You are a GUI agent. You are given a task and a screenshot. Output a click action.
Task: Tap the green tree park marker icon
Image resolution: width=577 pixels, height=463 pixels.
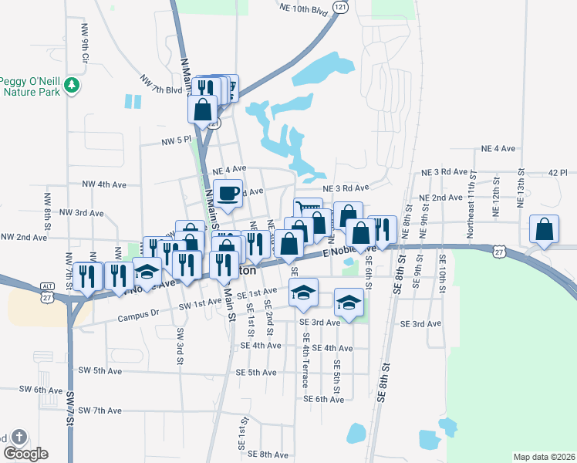[x=73, y=84]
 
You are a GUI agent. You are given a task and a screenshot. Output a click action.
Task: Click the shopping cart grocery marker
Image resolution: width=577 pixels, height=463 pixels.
[x=308, y=211]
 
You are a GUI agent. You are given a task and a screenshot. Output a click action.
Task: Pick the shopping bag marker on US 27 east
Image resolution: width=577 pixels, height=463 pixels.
[x=545, y=231]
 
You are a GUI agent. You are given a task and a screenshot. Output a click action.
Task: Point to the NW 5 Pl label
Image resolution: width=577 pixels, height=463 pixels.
[x=175, y=140]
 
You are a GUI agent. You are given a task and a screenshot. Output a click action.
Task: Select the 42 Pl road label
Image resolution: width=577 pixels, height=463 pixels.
[x=557, y=172]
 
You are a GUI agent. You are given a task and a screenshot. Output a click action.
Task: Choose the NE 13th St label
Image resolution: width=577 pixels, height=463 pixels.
[x=520, y=190]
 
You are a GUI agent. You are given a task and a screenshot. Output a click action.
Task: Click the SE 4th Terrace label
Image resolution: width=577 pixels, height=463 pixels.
[x=305, y=360]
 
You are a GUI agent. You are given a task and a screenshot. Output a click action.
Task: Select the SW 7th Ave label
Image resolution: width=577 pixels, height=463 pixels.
[x=100, y=410]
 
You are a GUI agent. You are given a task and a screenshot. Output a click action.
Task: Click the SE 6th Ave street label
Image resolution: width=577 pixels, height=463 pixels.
[x=324, y=399]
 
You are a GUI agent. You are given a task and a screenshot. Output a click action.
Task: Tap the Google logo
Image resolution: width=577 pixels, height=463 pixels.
[x=25, y=454]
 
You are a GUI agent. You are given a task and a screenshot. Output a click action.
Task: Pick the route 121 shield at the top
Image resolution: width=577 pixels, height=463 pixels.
[x=340, y=5]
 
